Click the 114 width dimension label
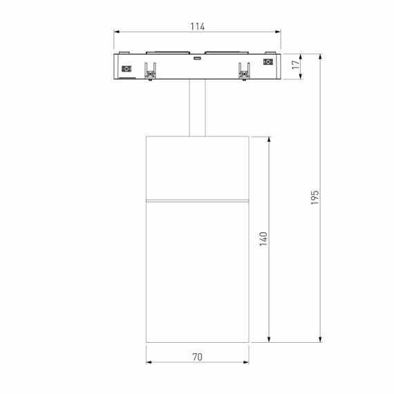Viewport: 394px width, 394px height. [x=198, y=26]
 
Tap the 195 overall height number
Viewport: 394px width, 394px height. [x=315, y=199]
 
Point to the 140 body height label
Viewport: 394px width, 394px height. [x=263, y=238]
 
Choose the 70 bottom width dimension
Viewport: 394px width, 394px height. [x=198, y=357]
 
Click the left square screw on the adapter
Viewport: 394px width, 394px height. [x=126, y=68]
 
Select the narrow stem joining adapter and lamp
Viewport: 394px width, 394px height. [x=198, y=109]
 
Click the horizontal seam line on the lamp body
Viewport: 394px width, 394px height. [x=198, y=200]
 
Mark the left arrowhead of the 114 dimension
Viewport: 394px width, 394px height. [x=116, y=32]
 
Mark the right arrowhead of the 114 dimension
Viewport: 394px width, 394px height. [x=280, y=32]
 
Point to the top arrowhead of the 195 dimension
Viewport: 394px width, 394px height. [x=321, y=55]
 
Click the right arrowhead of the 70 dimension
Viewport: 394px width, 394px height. [x=247, y=364]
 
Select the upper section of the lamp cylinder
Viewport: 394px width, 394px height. [x=198, y=166]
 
